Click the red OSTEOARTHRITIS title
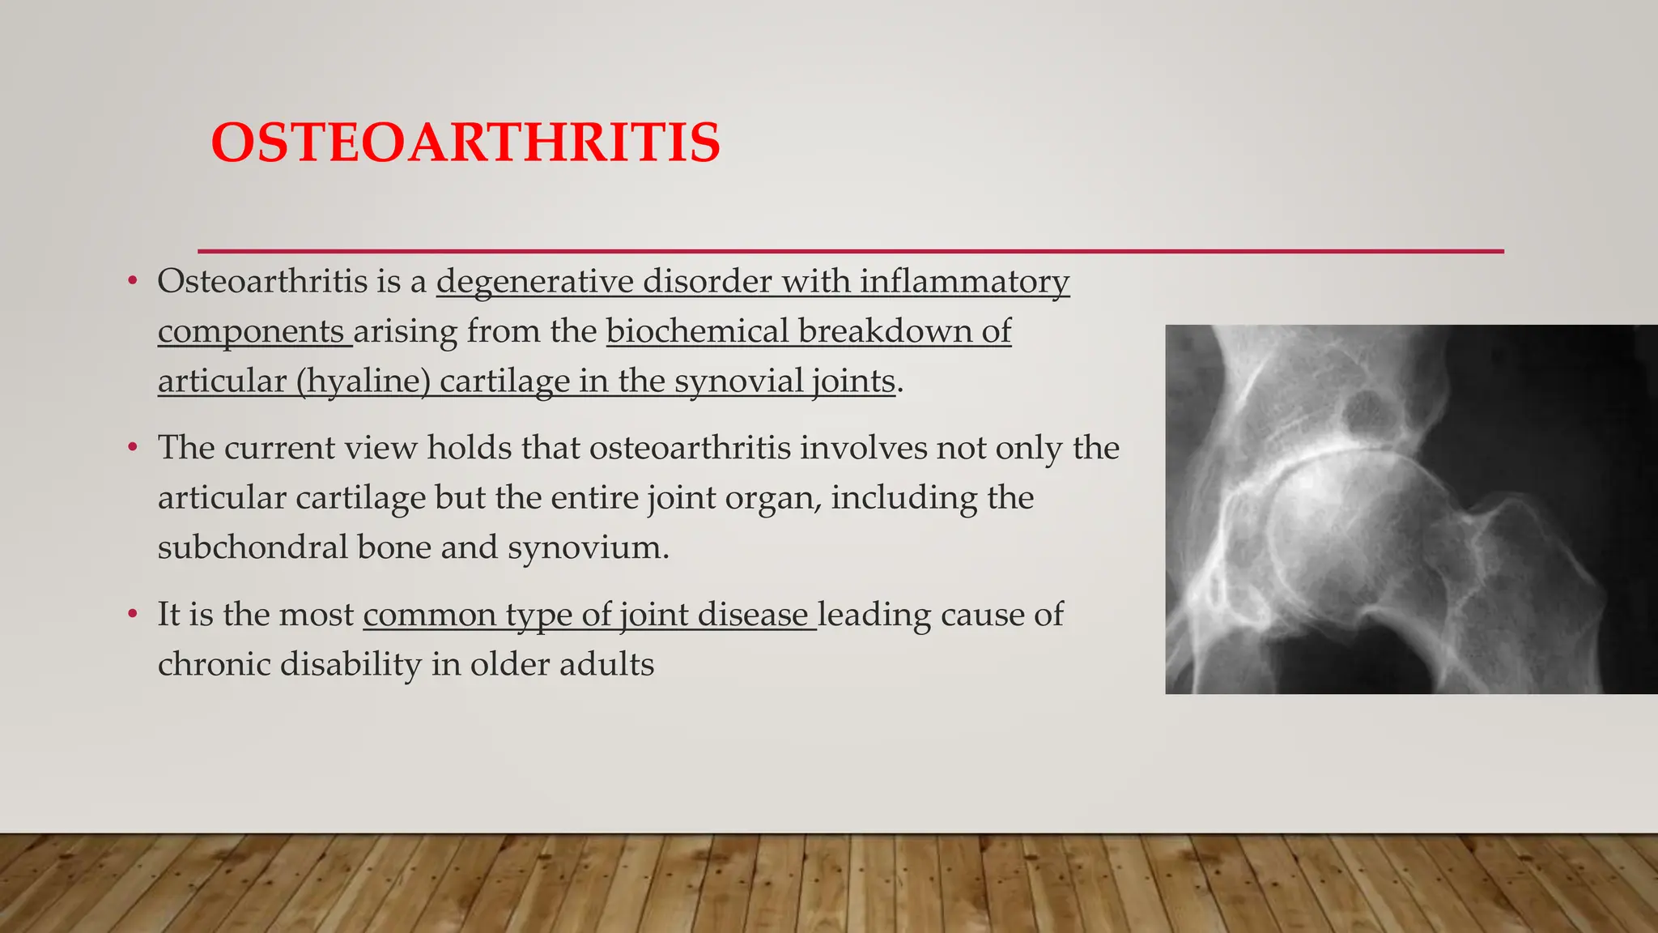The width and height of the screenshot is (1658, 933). click(466, 143)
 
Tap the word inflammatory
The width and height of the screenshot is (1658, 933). click(964, 282)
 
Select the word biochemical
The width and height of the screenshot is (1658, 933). click(697, 331)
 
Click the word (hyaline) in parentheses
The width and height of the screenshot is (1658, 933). click(363, 381)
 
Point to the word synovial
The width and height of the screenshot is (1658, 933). click(738, 381)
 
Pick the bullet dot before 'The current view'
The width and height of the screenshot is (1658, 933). click(133, 448)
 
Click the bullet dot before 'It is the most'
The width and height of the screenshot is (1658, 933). click(133, 615)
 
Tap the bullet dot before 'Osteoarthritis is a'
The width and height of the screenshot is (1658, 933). click(133, 282)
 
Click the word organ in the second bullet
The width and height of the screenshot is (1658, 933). click(772, 498)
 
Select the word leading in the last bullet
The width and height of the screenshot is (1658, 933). click(874, 615)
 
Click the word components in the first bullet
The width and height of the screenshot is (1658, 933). click(251, 331)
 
